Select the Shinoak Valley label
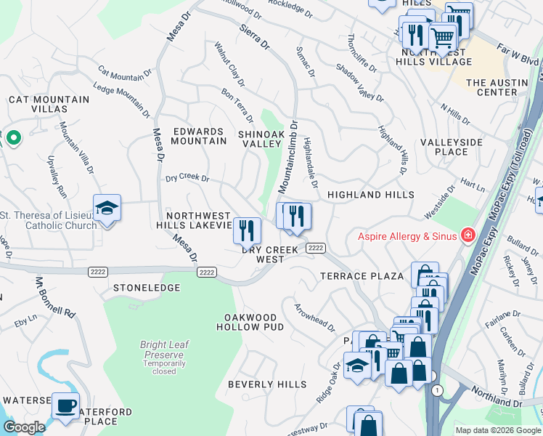pos(260,139)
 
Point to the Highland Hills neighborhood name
pos(370,195)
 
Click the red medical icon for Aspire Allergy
pos(468,235)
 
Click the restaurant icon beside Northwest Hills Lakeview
pos(247,231)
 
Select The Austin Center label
pos(497,87)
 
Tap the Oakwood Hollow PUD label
pos(250,323)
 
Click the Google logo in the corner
pos(23,427)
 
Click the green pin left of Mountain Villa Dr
pos(12,137)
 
